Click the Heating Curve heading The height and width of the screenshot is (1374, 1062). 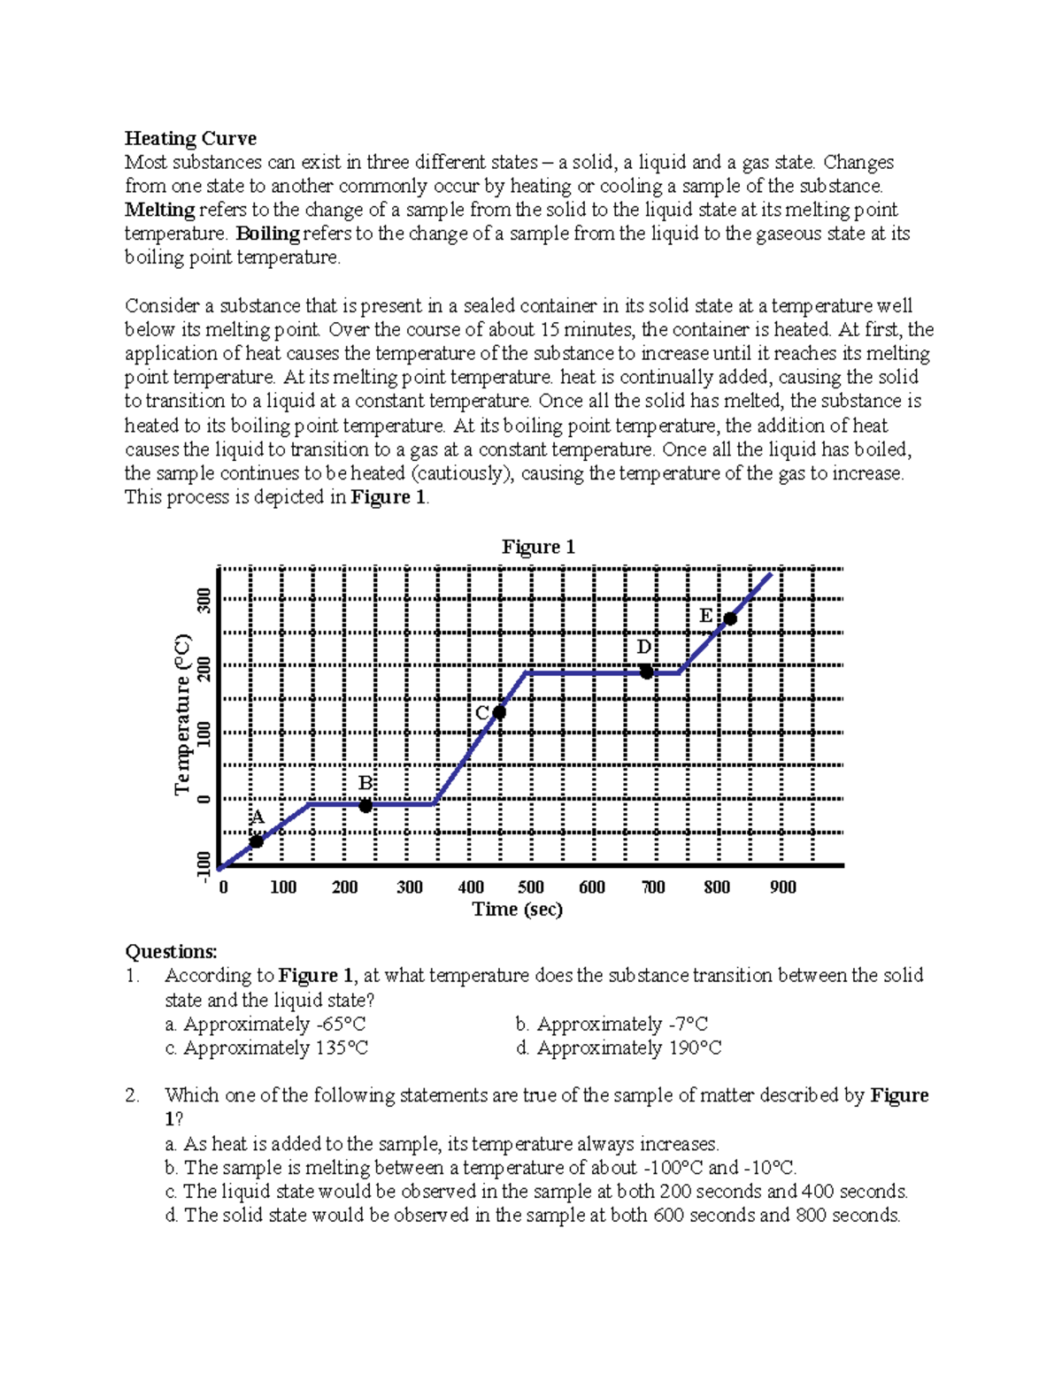(x=190, y=138)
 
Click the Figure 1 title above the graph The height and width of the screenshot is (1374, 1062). (x=538, y=547)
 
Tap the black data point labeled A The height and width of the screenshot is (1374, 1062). (x=257, y=841)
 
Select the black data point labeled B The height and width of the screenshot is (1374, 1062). (x=366, y=805)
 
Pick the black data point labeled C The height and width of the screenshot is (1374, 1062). (x=499, y=712)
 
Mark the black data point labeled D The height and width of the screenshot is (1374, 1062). (x=647, y=672)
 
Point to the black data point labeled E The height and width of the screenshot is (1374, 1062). (x=730, y=618)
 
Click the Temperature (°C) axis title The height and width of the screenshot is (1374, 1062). (x=182, y=714)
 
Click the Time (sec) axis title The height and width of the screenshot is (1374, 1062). (x=517, y=909)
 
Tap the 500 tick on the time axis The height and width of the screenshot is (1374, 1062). (x=531, y=887)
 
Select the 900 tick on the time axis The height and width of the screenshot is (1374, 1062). (x=782, y=887)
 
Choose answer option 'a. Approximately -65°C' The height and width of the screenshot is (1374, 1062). (x=265, y=1024)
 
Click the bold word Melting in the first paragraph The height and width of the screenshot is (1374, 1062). (x=159, y=210)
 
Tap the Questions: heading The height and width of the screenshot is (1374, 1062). (x=171, y=951)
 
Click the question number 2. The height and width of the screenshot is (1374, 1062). (x=132, y=1095)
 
